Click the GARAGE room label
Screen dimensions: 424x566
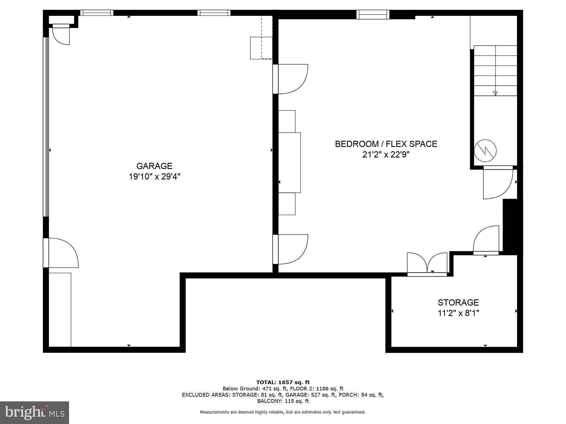click(x=154, y=166)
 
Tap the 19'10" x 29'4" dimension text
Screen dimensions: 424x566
click(x=154, y=177)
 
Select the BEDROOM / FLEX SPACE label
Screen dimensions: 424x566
click(x=386, y=144)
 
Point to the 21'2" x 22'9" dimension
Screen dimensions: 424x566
click(x=386, y=155)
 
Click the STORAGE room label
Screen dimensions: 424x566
click(x=458, y=302)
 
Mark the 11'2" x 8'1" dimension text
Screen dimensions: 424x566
click(x=458, y=313)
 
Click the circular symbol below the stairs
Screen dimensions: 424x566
click(x=485, y=150)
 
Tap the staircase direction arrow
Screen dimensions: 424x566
click(x=495, y=93)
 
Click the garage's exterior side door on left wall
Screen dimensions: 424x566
click(x=61, y=253)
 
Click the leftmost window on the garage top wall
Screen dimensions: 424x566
click(x=97, y=13)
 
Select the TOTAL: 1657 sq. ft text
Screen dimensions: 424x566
click(x=283, y=382)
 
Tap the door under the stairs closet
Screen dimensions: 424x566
click(x=498, y=182)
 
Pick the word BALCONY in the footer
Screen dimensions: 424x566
click(x=267, y=401)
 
